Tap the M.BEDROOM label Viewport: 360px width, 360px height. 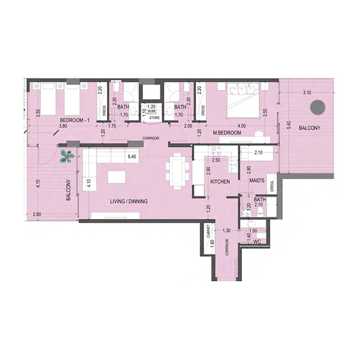coord(228,133)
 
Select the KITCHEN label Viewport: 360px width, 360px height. coord(220,182)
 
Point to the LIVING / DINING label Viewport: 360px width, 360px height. coord(130,202)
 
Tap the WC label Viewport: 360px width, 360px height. coord(257,242)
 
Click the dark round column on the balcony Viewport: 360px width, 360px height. coord(318,107)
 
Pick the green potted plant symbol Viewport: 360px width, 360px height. coord(68,155)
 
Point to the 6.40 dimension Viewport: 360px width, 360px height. coord(132,157)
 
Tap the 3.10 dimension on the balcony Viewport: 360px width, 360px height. coord(307,93)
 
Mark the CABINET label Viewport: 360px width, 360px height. coord(208,231)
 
